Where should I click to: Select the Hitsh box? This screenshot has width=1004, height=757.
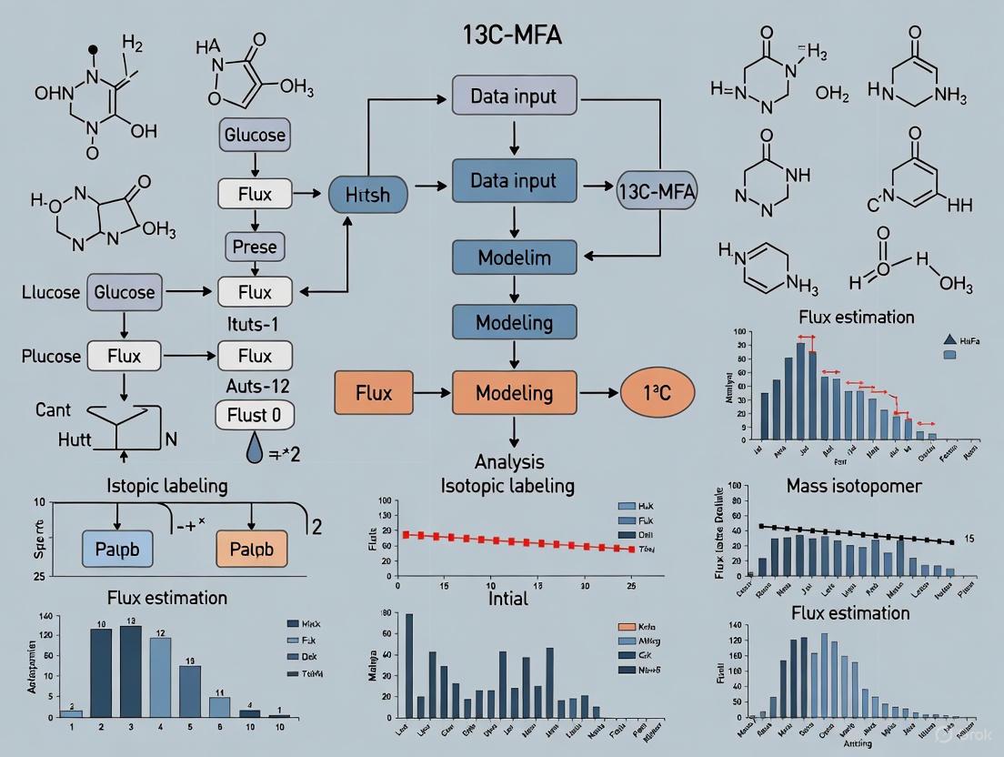[367, 194]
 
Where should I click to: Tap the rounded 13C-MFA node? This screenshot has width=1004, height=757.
[656, 192]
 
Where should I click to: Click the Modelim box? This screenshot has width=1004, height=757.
[515, 257]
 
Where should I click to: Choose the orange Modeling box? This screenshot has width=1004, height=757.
[515, 393]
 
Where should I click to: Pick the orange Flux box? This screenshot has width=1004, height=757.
[374, 393]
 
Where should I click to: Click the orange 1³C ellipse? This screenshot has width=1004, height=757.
[657, 393]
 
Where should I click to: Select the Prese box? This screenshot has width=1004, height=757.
[255, 246]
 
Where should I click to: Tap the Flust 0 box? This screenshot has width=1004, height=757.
[255, 416]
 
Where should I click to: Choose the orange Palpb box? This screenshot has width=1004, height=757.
[251, 549]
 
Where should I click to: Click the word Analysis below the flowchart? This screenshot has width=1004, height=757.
[509, 461]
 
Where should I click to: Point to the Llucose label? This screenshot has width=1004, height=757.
[52, 292]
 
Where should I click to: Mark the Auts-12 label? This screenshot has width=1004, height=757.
[255, 385]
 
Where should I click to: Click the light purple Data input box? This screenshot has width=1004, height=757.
[514, 96]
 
